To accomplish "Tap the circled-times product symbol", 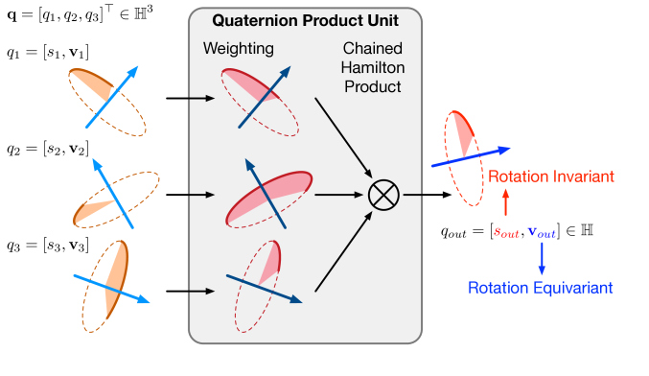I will (x=383, y=195).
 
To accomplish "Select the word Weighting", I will (x=237, y=49).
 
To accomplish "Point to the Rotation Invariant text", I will (x=550, y=176).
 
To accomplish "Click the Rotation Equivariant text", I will (x=540, y=287).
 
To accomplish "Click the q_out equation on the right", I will (x=525, y=231).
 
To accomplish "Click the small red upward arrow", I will (x=506, y=203).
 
